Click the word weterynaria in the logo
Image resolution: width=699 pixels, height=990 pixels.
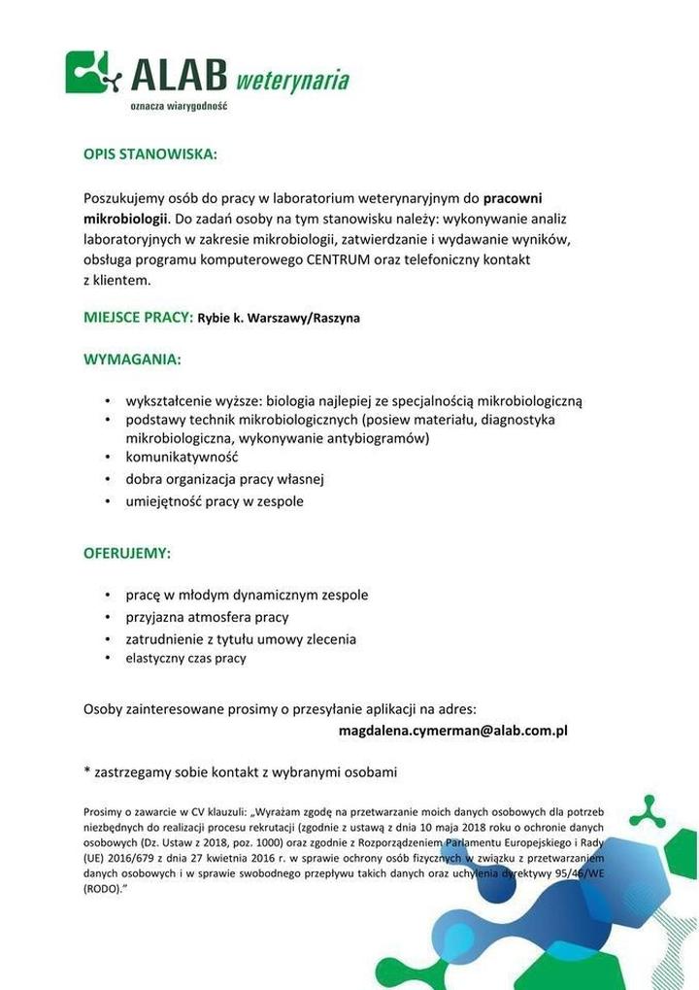pos(292,79)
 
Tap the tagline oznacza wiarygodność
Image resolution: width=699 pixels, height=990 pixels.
pos(179,105)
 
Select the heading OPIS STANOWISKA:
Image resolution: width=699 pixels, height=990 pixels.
pos(150,154)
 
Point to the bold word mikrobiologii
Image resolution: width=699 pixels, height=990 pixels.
pos(126,218)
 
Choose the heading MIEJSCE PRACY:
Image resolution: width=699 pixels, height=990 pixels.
pos(138,317)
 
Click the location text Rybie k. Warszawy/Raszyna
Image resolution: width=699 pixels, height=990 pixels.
pos(279,318)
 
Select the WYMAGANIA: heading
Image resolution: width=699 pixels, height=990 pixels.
pos(132,359)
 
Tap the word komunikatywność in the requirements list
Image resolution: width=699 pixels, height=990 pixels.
pos(182,458)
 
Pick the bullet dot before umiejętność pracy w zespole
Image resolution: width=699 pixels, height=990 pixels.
pos(108,502)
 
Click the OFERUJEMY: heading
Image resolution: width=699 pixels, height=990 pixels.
pos(127,553)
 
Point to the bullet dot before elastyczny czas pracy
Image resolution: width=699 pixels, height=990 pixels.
pos(108,659)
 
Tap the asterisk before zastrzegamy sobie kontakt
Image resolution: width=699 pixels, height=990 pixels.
pos(87,771)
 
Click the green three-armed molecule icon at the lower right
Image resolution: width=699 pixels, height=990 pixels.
pos(647,810)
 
